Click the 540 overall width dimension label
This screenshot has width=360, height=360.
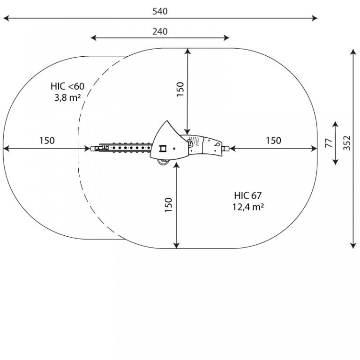click(x=160, y=11)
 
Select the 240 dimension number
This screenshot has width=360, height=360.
click(x=160, y=31)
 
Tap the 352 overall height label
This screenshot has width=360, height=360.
click(x=347, y=143)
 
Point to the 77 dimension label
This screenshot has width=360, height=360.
click(x=329, y=143)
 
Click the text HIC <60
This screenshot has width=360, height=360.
click(x=67, y=86)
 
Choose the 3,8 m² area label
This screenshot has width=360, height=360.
click(x=67, y=98)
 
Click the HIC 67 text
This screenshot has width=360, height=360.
click(x=247, y=195)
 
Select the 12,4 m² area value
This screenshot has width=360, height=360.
click(x=248, y=207)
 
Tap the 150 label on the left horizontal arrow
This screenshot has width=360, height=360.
click(x=47, y=141)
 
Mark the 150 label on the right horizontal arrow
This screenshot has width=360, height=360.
click(x=273, y=141)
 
